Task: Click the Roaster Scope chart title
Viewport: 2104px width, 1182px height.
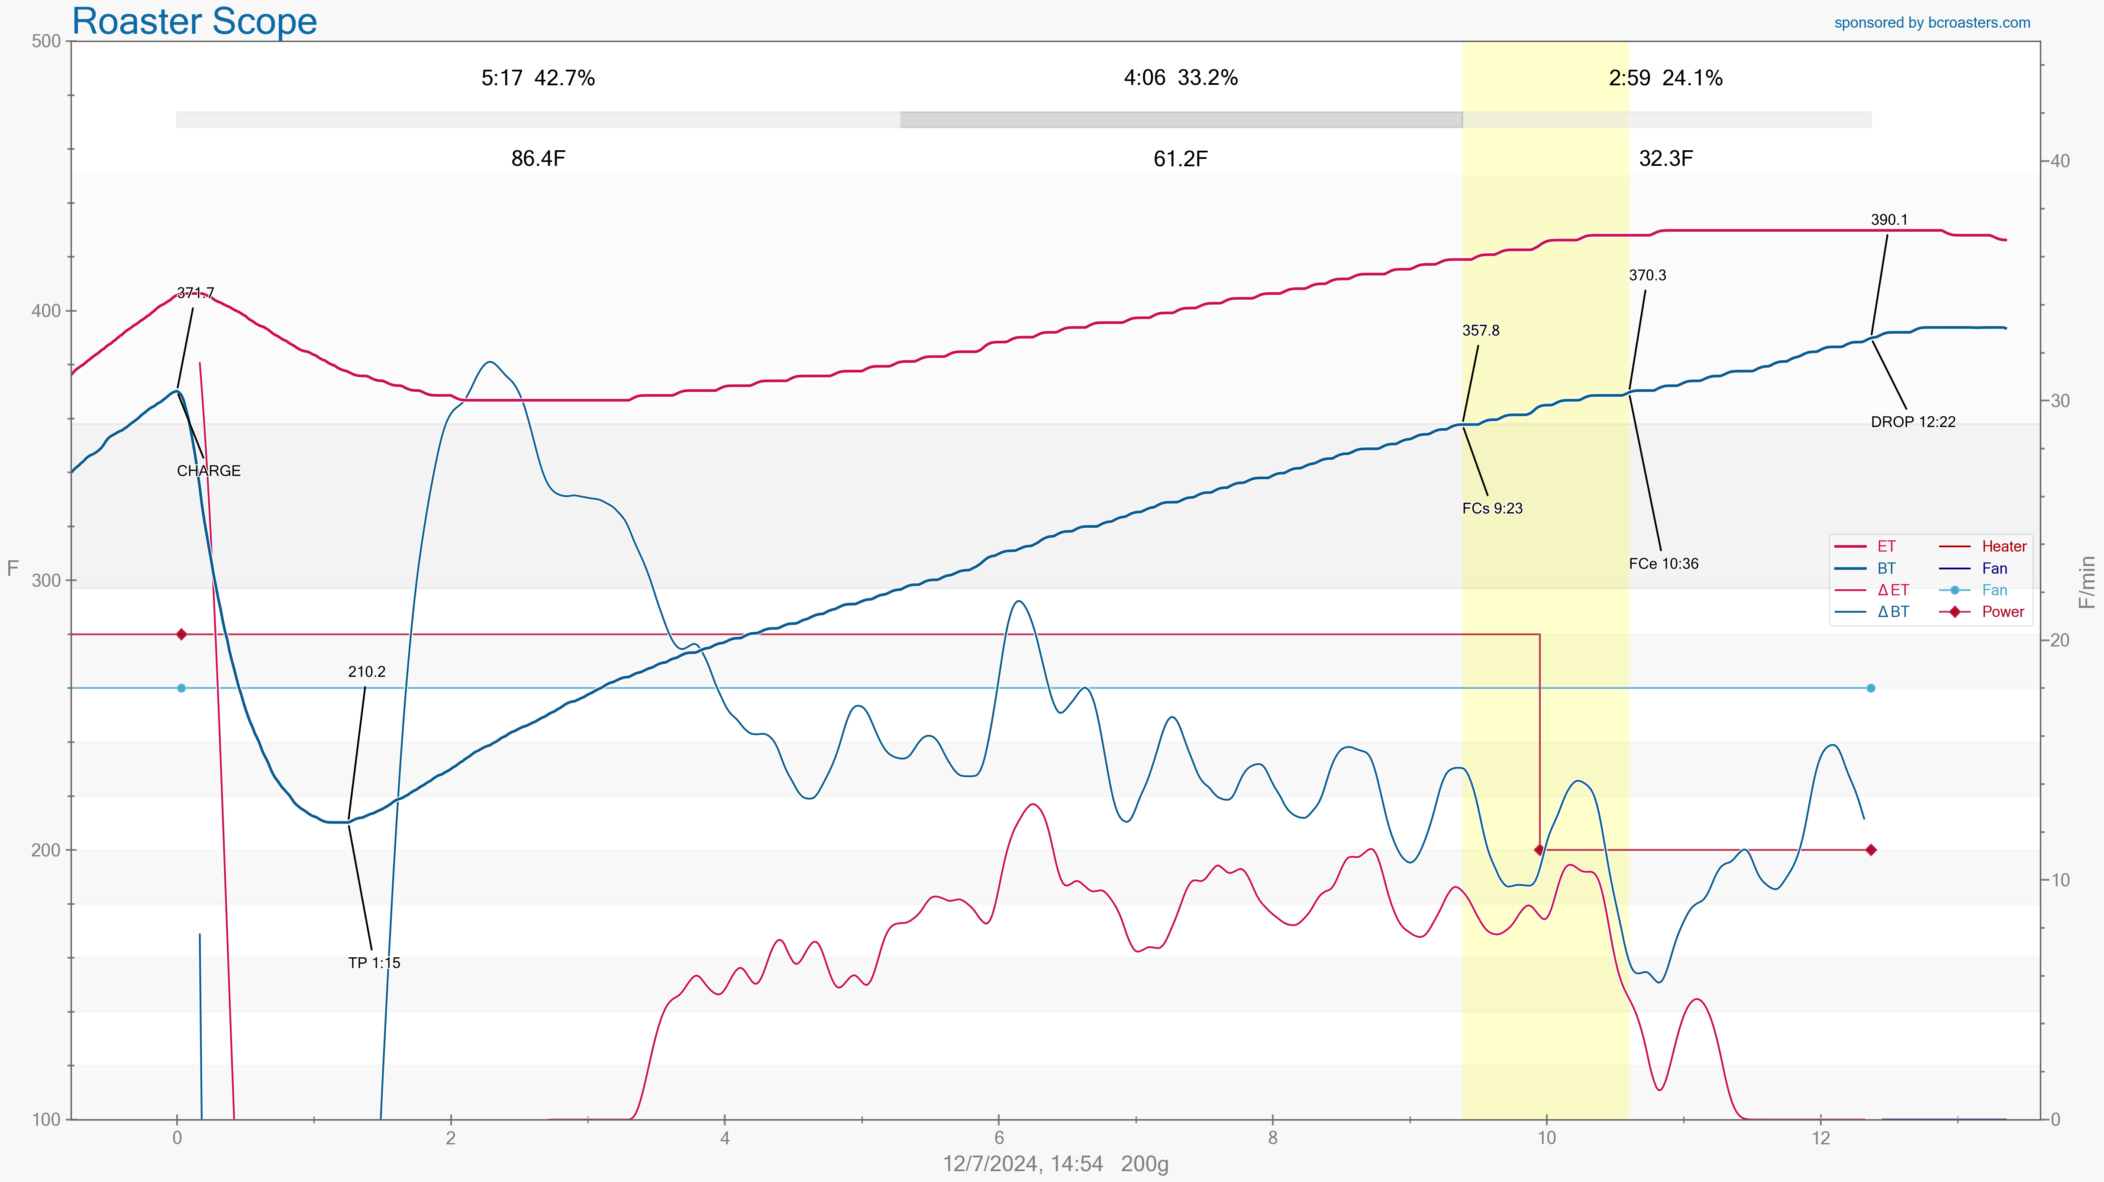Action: click(194, 21)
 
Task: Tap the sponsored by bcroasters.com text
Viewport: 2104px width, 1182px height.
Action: click(1932, 23)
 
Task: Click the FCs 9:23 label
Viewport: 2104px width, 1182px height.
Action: click(1492, 509)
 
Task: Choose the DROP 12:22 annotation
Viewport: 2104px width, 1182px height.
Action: click(1913, 422)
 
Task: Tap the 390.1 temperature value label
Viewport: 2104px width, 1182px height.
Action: click(1889, 220)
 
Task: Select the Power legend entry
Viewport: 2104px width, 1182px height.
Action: click(2003, 612)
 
